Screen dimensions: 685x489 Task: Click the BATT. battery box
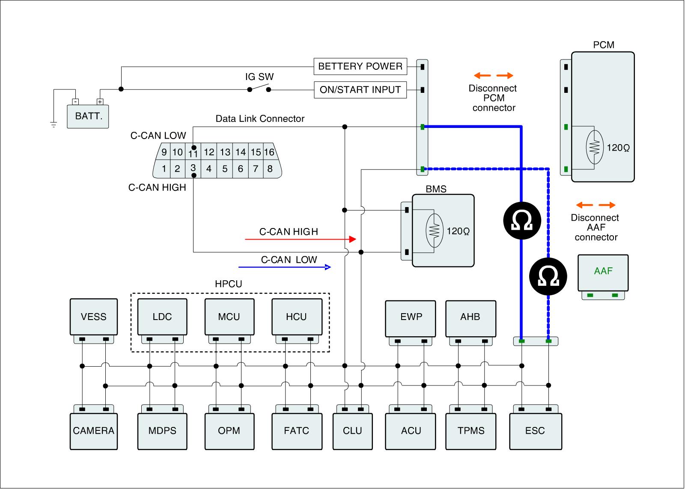coord(88,116)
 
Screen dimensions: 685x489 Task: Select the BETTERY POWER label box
coord(360,66)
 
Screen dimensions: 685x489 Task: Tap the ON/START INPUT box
coord(360,90)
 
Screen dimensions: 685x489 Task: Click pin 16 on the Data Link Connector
coord(269,151)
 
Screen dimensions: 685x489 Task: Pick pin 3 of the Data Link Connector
coord(193,169)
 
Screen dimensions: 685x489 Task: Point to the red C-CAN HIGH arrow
coord(301,239)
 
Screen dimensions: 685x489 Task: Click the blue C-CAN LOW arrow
coord(285,267)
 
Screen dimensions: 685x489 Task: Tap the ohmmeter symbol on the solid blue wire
coord(522,220)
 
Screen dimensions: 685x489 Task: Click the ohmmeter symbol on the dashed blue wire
coord(548,276)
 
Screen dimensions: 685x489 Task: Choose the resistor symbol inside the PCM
coord(595,147)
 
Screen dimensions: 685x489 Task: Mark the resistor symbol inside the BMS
coord(435,231)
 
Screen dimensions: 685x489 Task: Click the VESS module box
coord(94,317)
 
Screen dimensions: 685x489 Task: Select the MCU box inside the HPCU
coord(229,317)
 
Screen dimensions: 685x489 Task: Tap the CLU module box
coord(353,431)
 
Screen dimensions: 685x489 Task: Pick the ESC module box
coord(536,431)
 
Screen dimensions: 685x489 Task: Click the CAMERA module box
coord(94,431)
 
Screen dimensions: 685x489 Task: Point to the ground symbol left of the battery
coord(54,124)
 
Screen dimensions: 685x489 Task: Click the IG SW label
coord(259,77)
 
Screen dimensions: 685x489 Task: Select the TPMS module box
coord(471,431)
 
